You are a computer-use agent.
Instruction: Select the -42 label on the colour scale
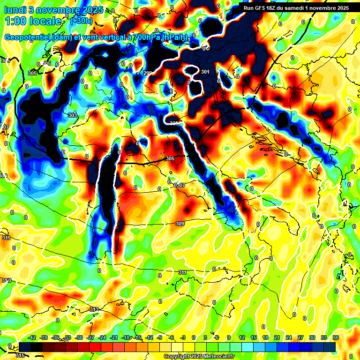coord(32,337)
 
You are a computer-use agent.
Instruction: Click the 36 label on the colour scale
coord(336,337)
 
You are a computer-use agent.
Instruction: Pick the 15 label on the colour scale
coord(253,337)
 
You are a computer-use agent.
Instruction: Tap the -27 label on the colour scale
coord(91,337)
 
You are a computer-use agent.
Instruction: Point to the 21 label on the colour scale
coord(277,337)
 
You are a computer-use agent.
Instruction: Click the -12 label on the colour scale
coord(150,337)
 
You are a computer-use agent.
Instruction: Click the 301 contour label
coord(205,72)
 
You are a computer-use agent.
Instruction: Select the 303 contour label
coord(72,115)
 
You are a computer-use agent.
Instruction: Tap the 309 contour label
coord(180,224)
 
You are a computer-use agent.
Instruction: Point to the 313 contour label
coord(94,310)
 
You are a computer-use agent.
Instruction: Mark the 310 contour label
coord(6,280)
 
